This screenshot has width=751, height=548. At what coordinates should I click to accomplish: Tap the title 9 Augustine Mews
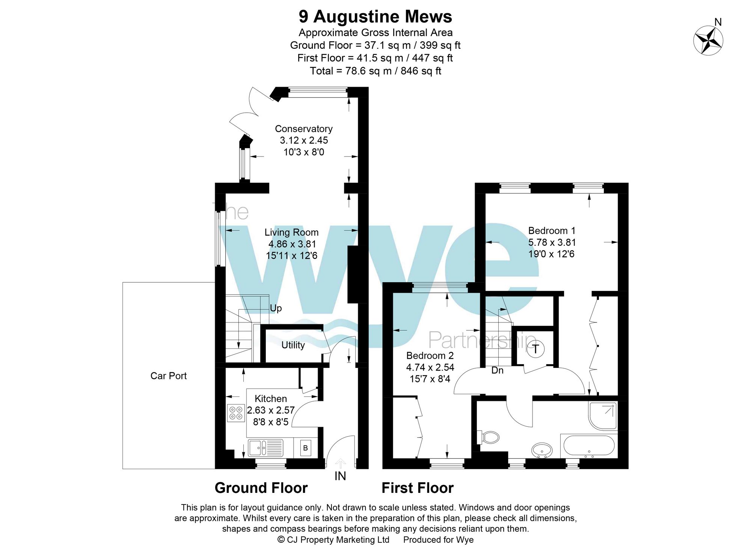[375, 17]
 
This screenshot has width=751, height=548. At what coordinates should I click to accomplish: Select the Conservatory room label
[303, 129]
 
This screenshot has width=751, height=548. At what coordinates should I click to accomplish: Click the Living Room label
[291, 232]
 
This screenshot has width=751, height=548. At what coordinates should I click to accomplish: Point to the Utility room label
[293, 345]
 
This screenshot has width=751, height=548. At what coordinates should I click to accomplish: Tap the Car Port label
[168, 376]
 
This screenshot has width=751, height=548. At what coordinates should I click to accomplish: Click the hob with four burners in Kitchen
[236, 413]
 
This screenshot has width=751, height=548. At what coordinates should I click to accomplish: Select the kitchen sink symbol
[265, 448]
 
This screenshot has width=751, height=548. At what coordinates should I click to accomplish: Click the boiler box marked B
[305, 448]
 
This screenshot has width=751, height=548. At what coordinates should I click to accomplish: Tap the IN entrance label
[340, 476]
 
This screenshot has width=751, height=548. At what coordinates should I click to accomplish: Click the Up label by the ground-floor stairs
[276, 308]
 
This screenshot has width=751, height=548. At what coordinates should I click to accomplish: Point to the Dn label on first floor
[497, 370]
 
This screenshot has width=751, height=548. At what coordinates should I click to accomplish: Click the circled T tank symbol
[535, 349]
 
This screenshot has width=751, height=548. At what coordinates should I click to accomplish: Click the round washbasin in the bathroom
[542, 450]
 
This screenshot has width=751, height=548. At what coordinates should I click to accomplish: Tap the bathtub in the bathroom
[588, 446]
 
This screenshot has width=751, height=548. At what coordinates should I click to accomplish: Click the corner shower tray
[602, 416]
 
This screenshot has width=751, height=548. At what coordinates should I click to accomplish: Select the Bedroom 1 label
[551, 230]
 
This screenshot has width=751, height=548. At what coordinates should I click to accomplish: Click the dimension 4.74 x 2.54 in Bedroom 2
[430, 367]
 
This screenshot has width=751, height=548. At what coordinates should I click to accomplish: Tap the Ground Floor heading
[261, 488]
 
